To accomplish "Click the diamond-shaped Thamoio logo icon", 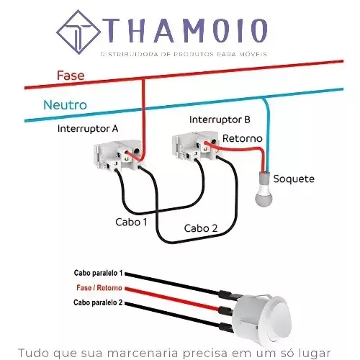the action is pyautogui.click(x=78, y=32).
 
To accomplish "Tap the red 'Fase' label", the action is pyautogui.click(x=71, y=76).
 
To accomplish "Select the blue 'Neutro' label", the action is pyautogui.click(x=65, y=105).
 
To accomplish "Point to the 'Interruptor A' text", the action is pyautogui.click(x=88, y=129).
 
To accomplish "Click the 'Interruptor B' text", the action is pyautogui.click(x=220, y=120).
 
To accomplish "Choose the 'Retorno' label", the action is pyautogui.click(x=243, y=138).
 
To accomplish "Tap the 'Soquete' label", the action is pyautogui.click(x=294, y=179).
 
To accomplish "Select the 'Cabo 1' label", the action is pyautogui.click(x=131, y=222).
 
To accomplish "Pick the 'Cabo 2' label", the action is pyautogui.click(x=201, y=228).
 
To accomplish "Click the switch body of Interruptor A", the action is pyautogui.click(x=119, y=156).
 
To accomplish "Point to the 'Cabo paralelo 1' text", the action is pyautogui.click(x=98, y=273).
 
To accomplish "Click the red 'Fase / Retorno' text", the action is pyautogui.click(x=99, y=287).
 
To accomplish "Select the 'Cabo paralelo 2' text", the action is pyautogui.click(x=98, y=302).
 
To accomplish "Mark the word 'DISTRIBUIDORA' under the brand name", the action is pyautogui.click(x=129, y=54).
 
